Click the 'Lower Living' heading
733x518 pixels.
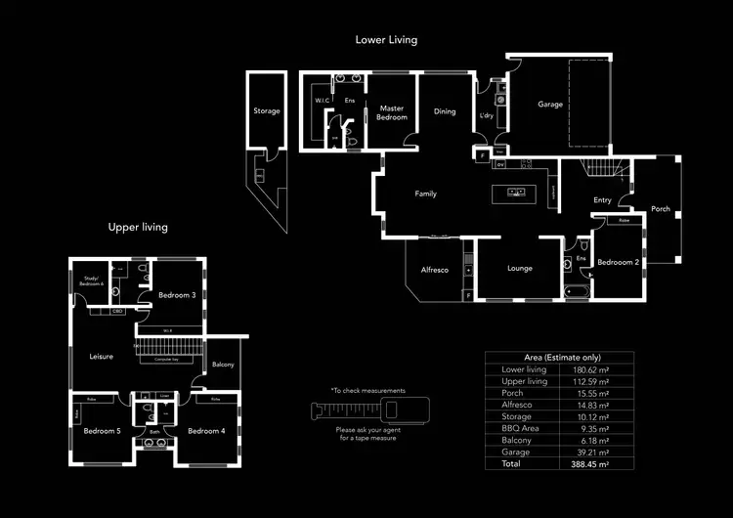[x=386, y=40]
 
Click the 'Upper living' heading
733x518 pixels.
[x=138, y=227]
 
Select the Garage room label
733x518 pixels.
[x=550, y=105]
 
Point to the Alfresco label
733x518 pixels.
[x=434, y=270]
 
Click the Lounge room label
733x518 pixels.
[x=520, y=268]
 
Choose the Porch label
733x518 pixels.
[x=661, y=208]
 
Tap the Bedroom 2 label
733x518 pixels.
[x=618, y=262]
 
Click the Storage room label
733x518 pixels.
[x=267, y=111]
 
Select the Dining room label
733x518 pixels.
[x=445, y=111]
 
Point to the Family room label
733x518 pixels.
[x=425, y=194]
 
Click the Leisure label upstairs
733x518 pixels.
[x=102, y=357]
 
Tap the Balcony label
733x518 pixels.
[x=223, y=365]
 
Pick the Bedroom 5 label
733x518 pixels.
[x=102, y=431]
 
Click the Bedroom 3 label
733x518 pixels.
[x=177, y=295]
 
